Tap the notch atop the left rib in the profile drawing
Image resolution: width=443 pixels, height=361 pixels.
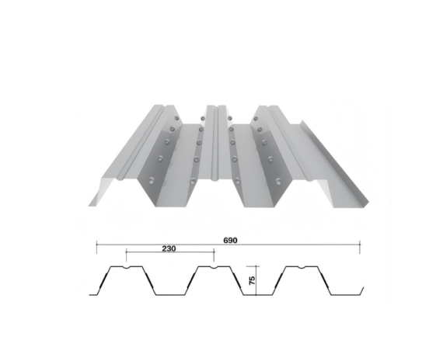pyautogui.click(x=125, y=269)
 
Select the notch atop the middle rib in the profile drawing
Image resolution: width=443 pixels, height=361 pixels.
pyautogui.click(x=213, y=269)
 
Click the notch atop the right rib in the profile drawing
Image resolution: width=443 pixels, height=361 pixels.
pyautogui.click(x=301, y=269)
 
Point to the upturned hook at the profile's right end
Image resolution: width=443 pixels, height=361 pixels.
pyautogui.click(x=361, y=290)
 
